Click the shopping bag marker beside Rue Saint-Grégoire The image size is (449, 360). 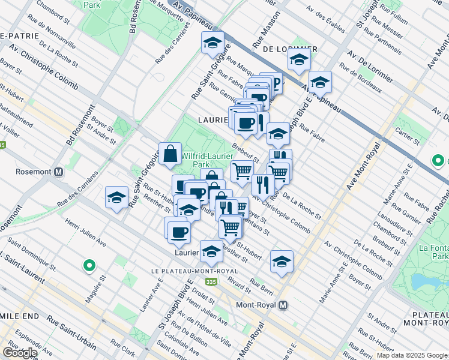[x=170, y=154]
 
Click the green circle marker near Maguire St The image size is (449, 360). [x=89, y=265]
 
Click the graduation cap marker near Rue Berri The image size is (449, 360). [x=282, y=261]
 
